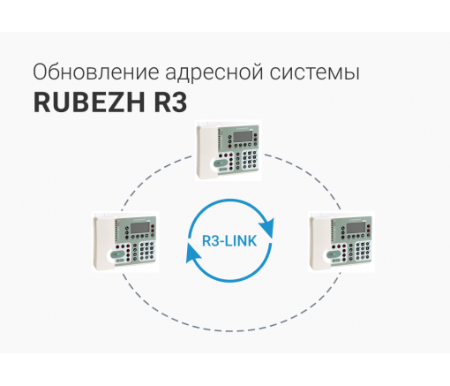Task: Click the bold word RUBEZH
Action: pyautogui.click(x=89, y=102)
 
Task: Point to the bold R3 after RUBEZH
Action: pyautogui.click(x=170, y=102)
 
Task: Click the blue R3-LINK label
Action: pyautogui.click(x=229, y=241)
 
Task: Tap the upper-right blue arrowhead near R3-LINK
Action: pyautogui.click(x=267, y=228)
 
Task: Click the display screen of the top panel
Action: pyautogui.click(x=243, y=136)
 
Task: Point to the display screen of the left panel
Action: pyautogui.click(x=140, y=228)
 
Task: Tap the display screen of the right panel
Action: pyautogui.click(x=356, y=228)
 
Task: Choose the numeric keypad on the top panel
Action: pyautogui.click(x=250, y=161)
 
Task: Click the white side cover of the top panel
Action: pyautogui.click(x=207, y=152)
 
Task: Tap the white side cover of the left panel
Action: pyautogui.click(x=104, y=244)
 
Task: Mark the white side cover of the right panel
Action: pyautogui.click(x=320, y=244)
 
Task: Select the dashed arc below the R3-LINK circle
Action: pyautogui.click(x=231, y=330)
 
